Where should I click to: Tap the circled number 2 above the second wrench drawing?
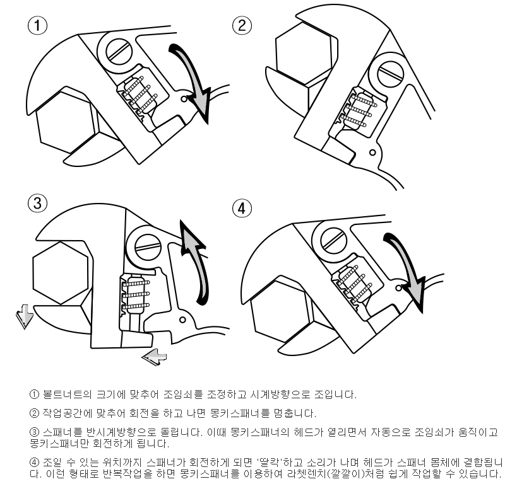tap(242, 26)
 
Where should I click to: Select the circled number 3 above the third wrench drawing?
tap(38, 203)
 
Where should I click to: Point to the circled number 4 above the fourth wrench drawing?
tap(242, 209)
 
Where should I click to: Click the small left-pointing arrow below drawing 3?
tap(154, 356)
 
